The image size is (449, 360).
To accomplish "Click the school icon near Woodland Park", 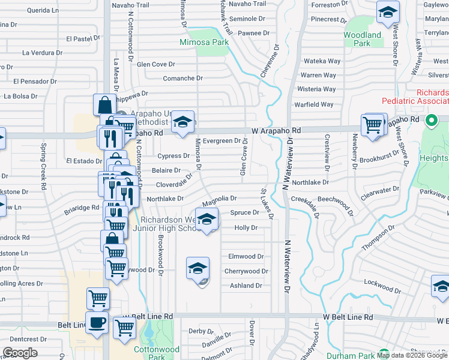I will click(388, 12).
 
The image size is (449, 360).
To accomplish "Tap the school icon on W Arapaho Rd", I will click(182, 122).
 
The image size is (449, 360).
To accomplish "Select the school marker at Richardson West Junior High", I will click(206, 220).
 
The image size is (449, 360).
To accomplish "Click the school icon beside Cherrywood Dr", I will click(198, 269).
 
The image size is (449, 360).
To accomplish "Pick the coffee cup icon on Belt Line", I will click(97, 322).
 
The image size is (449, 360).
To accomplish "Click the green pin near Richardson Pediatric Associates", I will click(430, 121).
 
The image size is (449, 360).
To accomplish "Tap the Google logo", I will click(20, 353).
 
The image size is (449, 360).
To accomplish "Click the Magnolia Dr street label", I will click(220, 198).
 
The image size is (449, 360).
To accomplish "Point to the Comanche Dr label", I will click(183, 78).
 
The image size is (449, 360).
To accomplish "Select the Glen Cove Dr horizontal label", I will click(155, 64).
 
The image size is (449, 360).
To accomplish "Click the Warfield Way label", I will click(314, 104).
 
